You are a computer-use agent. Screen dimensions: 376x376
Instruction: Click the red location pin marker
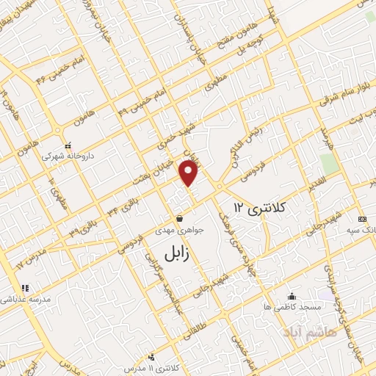(x=189, y=173)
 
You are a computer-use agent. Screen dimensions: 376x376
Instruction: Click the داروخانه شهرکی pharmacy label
(x=69, y=156)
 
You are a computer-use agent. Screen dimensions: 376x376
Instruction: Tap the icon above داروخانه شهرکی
(x=68, y=145)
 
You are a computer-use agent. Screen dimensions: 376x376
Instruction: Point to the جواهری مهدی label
(x=180, y=231)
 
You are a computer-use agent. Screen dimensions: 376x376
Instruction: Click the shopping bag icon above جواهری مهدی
(x=180, y=219)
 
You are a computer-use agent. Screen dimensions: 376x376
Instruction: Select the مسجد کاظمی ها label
(x=293, y=306)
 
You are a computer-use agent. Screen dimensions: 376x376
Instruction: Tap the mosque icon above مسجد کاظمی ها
(x=294, y=295)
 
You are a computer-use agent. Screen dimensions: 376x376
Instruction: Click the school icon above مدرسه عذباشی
(x=23, y=288)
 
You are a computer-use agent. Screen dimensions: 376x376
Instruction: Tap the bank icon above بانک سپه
(x=361, y=219)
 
